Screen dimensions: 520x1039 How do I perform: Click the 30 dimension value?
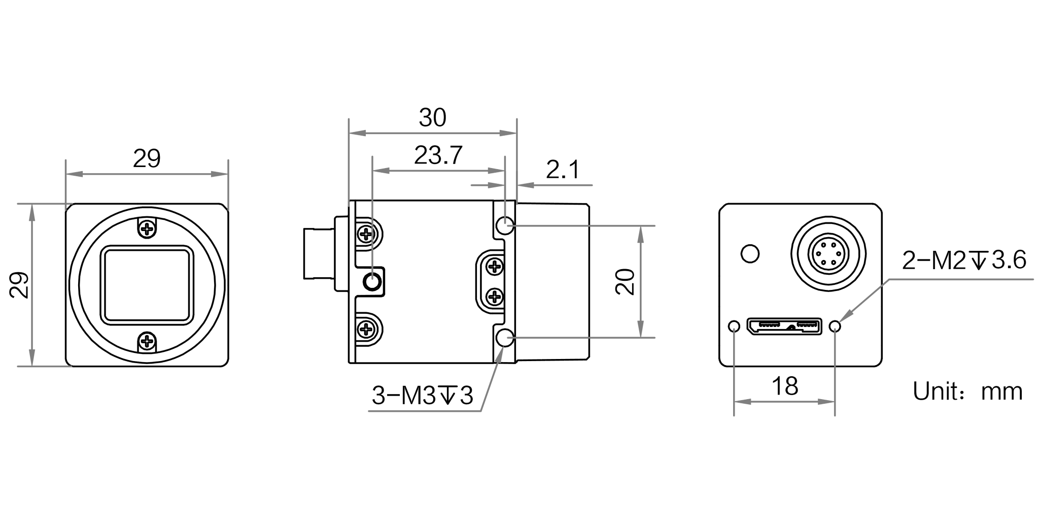pos(432,118)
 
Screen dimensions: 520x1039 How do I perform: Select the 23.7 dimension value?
pos(438,155)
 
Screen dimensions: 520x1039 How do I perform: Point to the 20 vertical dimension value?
pos(626,281)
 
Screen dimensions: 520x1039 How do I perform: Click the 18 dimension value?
pos(784,386)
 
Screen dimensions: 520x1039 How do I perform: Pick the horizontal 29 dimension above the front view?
pos(147,158)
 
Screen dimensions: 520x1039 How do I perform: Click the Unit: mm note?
pos(967,392)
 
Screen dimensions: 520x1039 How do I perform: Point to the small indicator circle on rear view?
pos(750,253)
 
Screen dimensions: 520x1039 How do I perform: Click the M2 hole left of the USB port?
pos(734,326)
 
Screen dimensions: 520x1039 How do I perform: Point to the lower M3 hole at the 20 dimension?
pos(505,337)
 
